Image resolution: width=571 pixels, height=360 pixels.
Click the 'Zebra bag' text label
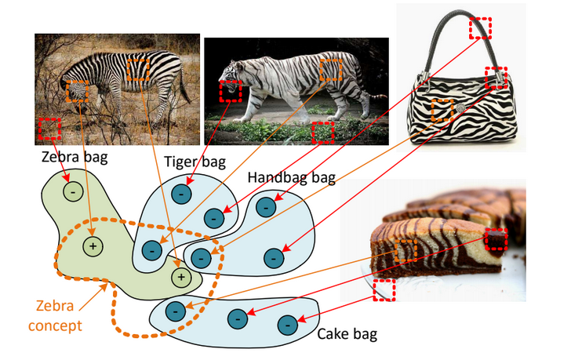(75, 157)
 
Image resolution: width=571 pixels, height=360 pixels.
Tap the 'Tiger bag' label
(195, 163)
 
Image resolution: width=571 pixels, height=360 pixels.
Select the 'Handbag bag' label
(291, 178)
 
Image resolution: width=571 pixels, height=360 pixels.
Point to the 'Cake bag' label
(347, 335)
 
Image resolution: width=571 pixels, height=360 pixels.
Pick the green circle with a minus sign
(72, 191)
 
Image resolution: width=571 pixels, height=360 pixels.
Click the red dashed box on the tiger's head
(231, 92)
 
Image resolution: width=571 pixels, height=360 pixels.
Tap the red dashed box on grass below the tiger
(323, 133)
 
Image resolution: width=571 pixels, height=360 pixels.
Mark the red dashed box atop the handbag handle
(480, 28)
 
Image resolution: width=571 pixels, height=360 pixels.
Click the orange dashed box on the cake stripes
(405, 251)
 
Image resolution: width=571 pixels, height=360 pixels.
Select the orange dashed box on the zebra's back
(137, 69)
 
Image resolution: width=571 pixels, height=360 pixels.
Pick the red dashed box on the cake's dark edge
(496, 239)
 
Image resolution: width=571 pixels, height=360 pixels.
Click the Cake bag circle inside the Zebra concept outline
(174, 311)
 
